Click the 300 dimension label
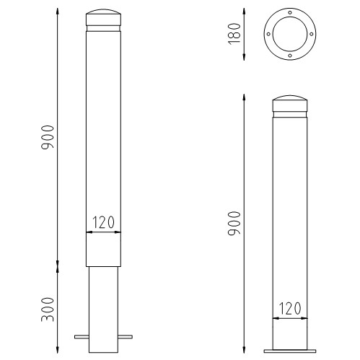click(48, 309)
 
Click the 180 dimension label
click(234, 34)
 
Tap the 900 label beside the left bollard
click(48, 137)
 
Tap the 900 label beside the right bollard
click(234, 224)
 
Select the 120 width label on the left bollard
click(103, 222)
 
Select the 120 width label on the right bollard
click(290, 308)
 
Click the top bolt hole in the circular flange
click(290, 12)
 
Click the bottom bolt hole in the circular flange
click(290, 56)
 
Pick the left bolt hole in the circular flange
click(268, 34)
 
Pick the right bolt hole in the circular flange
click(312, 34)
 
